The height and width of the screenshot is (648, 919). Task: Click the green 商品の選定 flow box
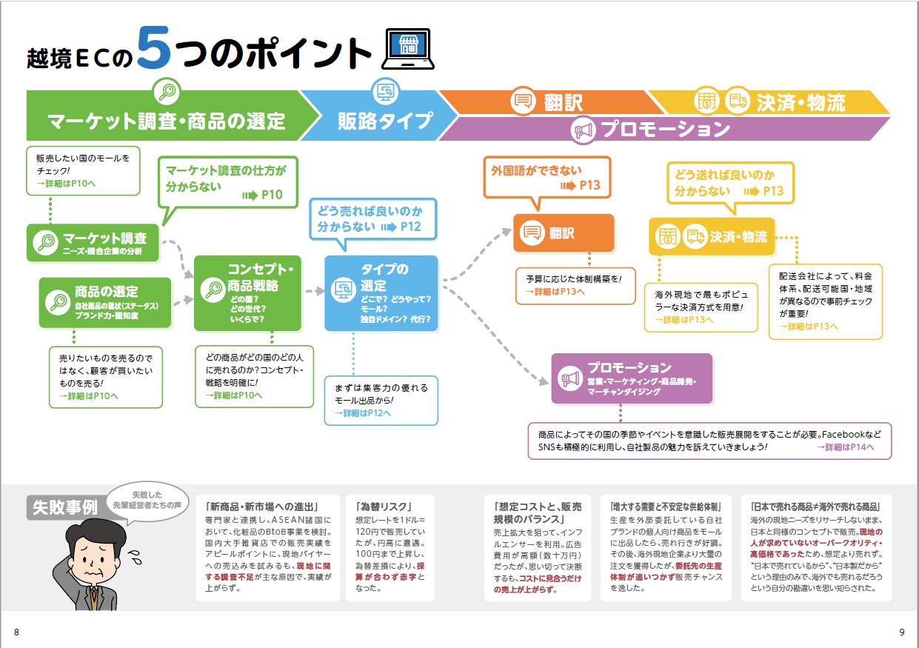[x=105, y=302]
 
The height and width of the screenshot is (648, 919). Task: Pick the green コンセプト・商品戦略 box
[x=247, y=293]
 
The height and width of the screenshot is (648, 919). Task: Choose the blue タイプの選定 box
[x=381, y=293]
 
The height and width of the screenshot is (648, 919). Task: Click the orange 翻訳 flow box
[x=564, y=233]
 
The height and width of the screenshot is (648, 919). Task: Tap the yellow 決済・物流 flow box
[x=712, y=236]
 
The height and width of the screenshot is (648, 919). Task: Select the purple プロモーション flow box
[x=632, y=378]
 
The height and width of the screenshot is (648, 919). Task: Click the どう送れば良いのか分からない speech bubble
[x=729, y=182]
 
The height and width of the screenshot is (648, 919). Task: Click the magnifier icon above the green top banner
[x=167, y=92]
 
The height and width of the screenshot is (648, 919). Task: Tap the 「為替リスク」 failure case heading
[x=384, y=507]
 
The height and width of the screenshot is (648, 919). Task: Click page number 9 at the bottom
[x=901, y=632]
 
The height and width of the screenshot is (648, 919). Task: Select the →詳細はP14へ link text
[x=845, y=447]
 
